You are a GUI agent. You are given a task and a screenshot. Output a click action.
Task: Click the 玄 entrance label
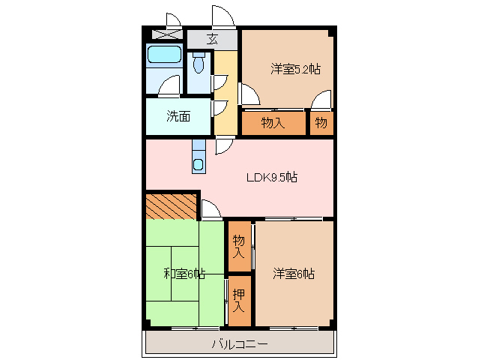click(x=212, y=40)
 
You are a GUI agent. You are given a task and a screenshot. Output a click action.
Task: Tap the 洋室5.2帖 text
click(x=295, y=70)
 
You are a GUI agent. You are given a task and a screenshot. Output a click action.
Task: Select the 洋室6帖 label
click(x=293, y=274)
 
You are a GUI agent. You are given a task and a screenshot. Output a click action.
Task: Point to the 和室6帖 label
click(x=184, y=274)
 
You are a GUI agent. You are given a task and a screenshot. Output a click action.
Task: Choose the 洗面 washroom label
click(x=178, y=116)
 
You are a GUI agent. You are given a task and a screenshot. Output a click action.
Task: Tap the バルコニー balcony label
click(x=239, y=344)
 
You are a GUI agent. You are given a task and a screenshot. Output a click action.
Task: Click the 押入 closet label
click(x=238, y=300)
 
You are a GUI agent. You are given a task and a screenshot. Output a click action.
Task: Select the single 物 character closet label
click(x=321, y=122)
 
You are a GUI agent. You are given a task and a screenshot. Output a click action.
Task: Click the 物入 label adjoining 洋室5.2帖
click(x=273, y=122)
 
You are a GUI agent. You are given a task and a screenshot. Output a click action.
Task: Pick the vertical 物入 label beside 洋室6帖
click(x=238, y=246)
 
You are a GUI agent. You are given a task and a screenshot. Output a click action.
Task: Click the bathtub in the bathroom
click(x=164, y=55)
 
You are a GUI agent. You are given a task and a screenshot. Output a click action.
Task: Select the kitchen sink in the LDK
click(x=198, y=163)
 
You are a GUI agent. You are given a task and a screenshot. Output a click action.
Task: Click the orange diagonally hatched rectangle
click(x=171, y=205)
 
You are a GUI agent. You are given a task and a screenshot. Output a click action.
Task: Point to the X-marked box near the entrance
click(x=165, y=34)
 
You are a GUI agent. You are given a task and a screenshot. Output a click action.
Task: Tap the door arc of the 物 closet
click(x=321, y=99)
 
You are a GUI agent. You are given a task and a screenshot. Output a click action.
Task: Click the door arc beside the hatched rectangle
click(x=211, y=210)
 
